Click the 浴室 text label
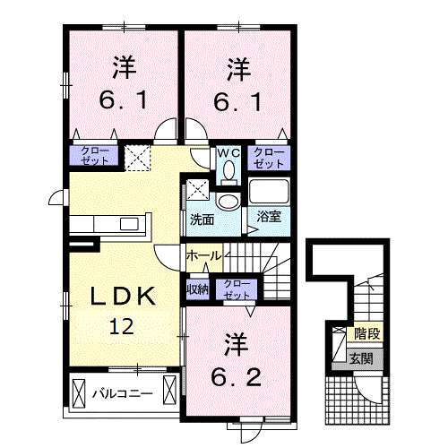pos(268,217)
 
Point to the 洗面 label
pos(202,218)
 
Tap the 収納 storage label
pos(197,289)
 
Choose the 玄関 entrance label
pos(362,358)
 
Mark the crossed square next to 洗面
pos(197,189)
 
